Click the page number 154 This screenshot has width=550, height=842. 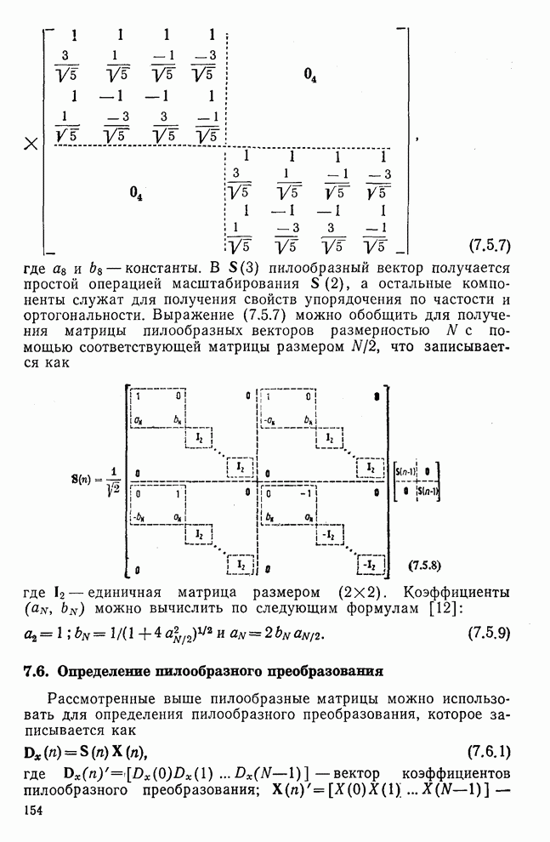pos(35,814)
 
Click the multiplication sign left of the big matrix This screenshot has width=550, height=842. pos(31,144)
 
